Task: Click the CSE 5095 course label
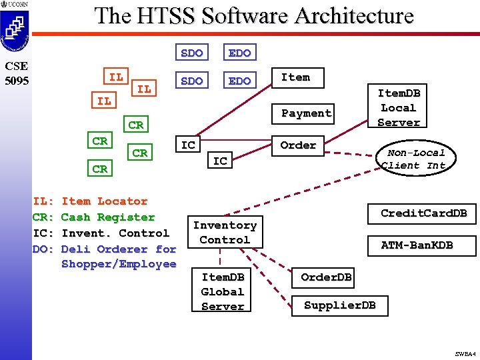click(x=15, y=73)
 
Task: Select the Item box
click(x=295, y=77)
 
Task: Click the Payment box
click(x=306, y=113)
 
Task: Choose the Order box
click(x=298, y=145)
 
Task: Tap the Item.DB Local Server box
click(x=399, y=107)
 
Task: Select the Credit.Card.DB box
click(x=423, y=213)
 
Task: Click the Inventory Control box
click(x=225, y=233)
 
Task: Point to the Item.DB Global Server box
click(x=223, y=291)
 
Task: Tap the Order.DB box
click(x=326, y=277)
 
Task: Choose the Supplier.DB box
click(x=339, y=305)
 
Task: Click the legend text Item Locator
click(x=104, y=201)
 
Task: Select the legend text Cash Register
click(x=107, y=217)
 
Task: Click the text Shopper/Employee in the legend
click(x=119, y=264)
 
